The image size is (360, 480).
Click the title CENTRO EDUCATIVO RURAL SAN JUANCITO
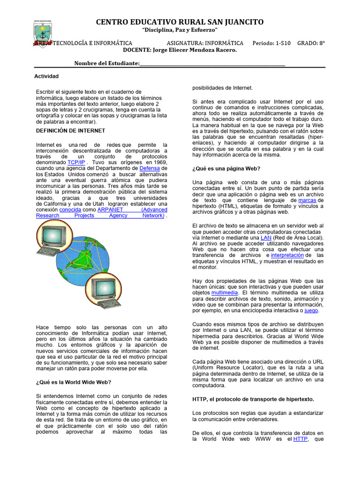pos(180,22)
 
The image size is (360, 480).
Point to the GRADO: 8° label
pos(311,43)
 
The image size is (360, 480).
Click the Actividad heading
pos(46,76)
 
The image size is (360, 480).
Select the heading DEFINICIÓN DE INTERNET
pos(70,130)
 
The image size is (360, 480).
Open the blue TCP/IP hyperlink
pos(76,162)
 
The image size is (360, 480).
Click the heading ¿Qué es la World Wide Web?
pos(74,382)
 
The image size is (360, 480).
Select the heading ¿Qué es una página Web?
pos(226,168)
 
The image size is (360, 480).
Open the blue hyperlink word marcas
pos(307,200)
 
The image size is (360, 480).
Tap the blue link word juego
pos(311,310)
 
